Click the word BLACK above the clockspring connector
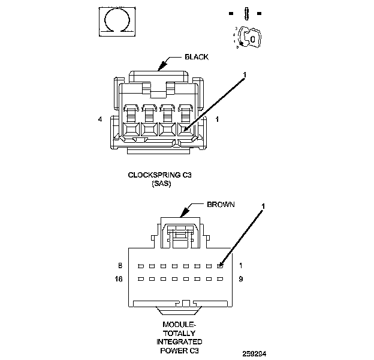[197, 57]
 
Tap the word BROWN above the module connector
[221, 205]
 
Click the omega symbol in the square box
[113, 22]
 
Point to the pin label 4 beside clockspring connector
[100, 119]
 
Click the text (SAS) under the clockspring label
[162, 184]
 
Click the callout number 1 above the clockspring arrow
[245, 76]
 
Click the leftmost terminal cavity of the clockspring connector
[130, 128]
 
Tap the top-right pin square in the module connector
[220, 265]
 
